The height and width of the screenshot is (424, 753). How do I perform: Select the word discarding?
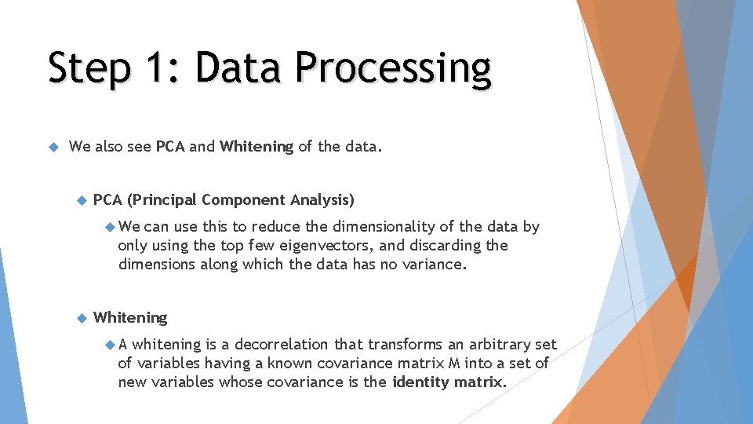point(447,246)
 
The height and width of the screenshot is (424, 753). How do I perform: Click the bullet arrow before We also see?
point(53,146)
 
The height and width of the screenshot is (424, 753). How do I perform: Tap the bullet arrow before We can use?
point(109,227)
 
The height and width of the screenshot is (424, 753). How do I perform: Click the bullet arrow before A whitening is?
point(109,345)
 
